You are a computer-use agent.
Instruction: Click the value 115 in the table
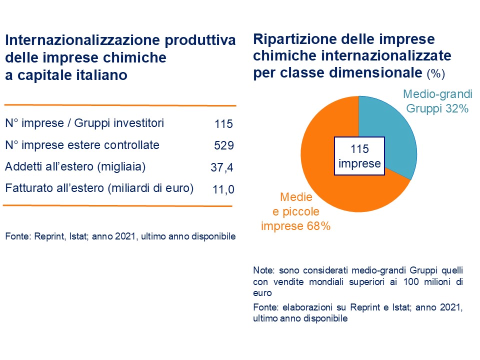point(223,124)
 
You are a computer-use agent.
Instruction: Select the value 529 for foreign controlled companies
point(223,145)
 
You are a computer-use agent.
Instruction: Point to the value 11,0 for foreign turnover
point(222,189)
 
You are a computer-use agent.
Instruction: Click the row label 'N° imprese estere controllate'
point(82,145)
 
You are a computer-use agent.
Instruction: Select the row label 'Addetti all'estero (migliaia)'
point(75,167)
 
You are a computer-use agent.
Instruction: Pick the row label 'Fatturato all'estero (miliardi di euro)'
point(99,188)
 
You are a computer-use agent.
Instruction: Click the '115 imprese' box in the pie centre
point(359,156)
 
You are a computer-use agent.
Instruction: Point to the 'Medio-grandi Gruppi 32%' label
point(436,101)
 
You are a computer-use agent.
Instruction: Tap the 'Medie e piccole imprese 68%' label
point(296,211)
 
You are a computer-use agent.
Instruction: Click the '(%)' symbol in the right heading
point(435,74)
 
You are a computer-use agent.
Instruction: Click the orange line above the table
point(120,105)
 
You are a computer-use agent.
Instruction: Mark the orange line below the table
point(117,205)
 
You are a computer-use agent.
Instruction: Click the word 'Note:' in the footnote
point(263,270)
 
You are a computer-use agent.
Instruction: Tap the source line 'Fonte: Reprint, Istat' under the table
point(120,236)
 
